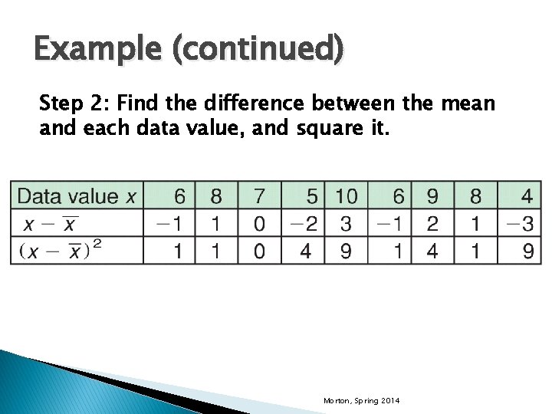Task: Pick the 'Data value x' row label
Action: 77,196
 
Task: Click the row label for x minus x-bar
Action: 51,223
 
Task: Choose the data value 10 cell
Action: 346,196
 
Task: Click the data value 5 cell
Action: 310,196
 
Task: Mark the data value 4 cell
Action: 526,196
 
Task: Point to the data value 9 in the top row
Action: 432,196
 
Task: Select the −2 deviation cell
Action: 303,223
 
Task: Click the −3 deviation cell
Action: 518,223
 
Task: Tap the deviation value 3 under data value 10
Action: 346,223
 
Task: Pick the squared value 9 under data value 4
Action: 526,250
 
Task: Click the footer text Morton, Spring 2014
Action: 361,401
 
